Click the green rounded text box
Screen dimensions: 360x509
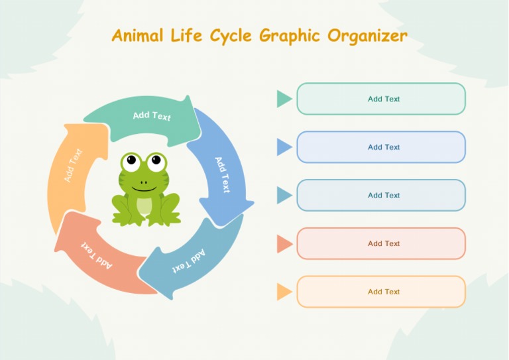coord(381,99)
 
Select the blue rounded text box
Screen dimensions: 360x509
coord(381,147)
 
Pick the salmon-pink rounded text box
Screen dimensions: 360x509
coord(381,243)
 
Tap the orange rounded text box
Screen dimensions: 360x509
coord(381,292)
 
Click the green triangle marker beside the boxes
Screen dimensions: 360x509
coord(284,99)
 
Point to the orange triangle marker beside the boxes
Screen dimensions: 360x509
coord(284,292)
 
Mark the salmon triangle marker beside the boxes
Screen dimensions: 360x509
coord(284,243)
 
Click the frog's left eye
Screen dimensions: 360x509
coord(132,160)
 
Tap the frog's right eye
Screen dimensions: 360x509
coord(156,159)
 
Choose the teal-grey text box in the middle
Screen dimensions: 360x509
coord(381,196)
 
